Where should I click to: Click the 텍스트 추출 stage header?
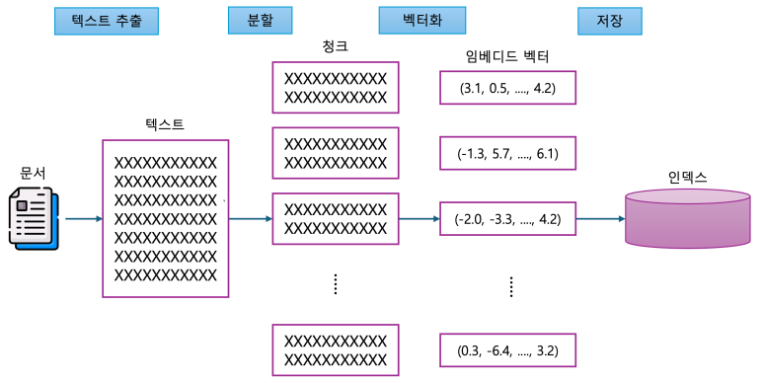(x=106, y=21)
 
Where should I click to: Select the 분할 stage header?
(x=251, y=21)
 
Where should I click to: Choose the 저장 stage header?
(x=608, y=21)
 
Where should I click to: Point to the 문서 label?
(x=34, y=174)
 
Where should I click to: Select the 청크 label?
(x=335, y=46)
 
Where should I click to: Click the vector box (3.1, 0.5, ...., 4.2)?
(x=507, y=88)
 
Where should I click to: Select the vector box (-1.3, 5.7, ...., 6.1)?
(x=507, y=153)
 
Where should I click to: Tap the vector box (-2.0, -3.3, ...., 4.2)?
(x=507, y=219)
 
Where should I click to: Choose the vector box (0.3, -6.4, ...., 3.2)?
(x=507, y=350)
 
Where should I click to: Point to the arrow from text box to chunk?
(x=251, y=219)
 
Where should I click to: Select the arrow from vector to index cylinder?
(x=601, y=219)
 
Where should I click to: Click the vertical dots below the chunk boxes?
(x=336, y=284)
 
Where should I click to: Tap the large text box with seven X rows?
(x=165, y=218)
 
